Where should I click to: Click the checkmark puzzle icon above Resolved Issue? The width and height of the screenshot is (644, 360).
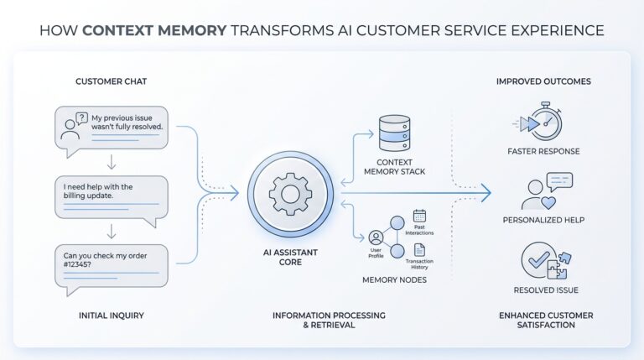[542, 262]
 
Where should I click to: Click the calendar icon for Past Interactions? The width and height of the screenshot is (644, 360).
[420, 217]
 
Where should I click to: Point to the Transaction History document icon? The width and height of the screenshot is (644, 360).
[420, 250]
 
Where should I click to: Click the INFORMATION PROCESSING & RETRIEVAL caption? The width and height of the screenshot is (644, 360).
[329, 320]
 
